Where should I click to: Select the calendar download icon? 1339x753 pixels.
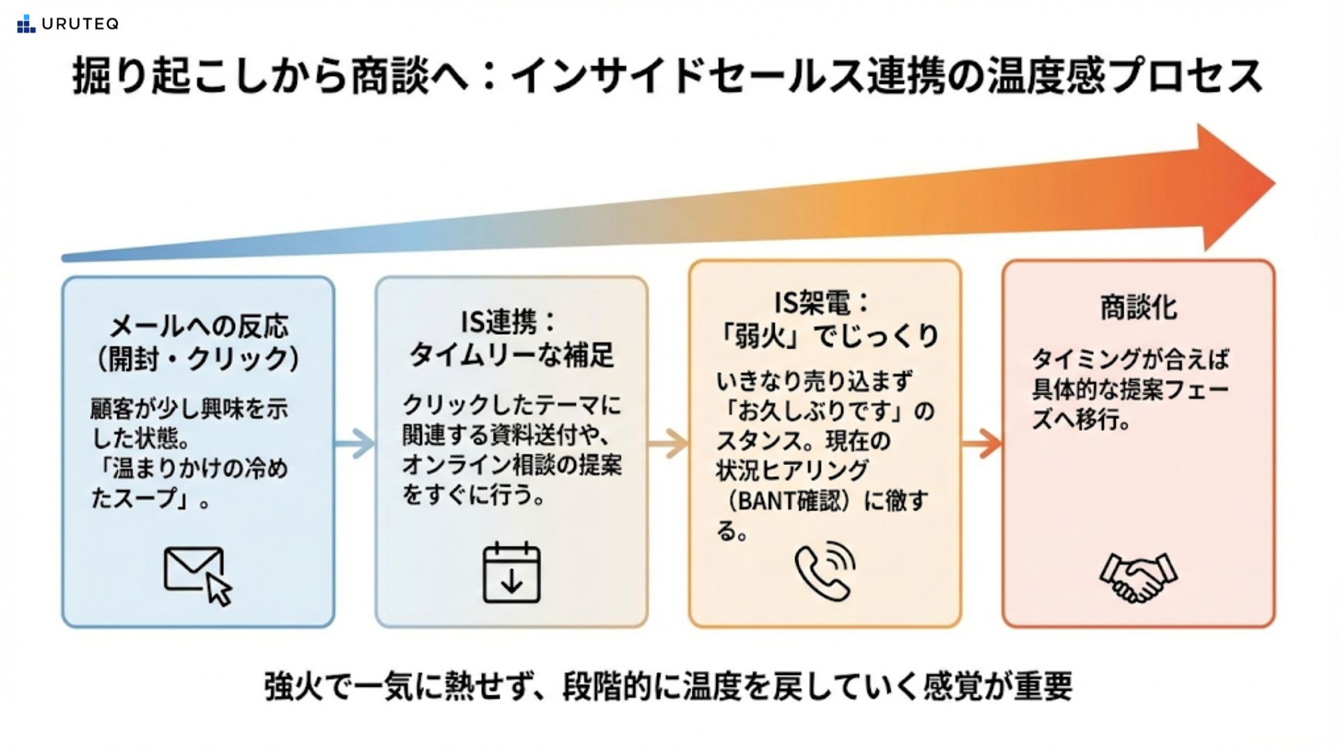[511, 573]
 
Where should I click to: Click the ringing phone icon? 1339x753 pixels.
[825, 571]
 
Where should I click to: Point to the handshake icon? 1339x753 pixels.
[1138, 577]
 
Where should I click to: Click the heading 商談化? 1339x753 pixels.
[1138, 307]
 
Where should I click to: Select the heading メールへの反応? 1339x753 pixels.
[199, 326]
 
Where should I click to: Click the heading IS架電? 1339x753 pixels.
[823, 303]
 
